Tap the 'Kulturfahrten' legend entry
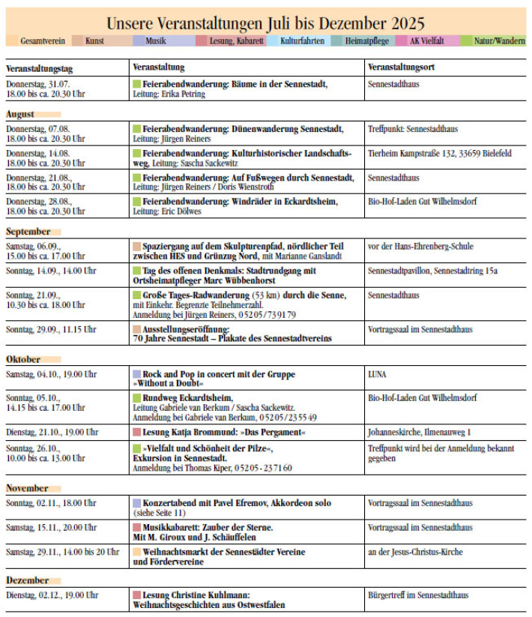[x=302, y=41]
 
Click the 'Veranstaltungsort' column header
[x=402, y=67]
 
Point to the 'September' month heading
[x=28, y=232]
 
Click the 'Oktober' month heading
[x=24, y=359]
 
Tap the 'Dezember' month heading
[x=27, y=580]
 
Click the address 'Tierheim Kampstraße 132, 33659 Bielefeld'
[x=440, y=153]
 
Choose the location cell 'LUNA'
[x=378, y=373]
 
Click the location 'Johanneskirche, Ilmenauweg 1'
[x=419, y=432]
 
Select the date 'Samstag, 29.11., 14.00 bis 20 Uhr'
[x=62, y=552]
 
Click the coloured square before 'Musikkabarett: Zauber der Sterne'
[x=136, y=528]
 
